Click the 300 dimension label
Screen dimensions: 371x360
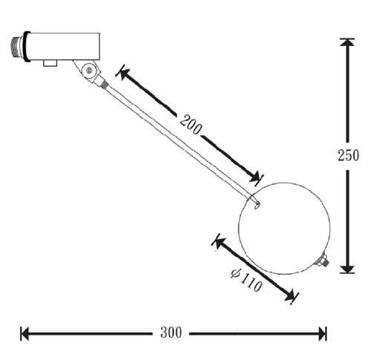pyautogui.click(x=171, y=333)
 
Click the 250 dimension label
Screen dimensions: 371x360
pyautogui.click(x=348, y=156)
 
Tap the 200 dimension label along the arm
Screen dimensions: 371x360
pyautogui.click(x=191, y=125)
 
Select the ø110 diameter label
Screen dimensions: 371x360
pyautogui.click(x=246, y=281)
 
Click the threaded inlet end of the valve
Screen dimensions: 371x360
pyautogui.click(x=17, y=47)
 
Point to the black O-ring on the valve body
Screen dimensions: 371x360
pyautogui.click(x=27, y=47)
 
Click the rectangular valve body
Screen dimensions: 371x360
pyautogui.click(x=65, y=47)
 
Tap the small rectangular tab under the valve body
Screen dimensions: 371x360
pyautogui.click(x=50, y=63)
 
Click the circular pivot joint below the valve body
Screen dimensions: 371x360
pyautogui.click(x=89, y=71)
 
